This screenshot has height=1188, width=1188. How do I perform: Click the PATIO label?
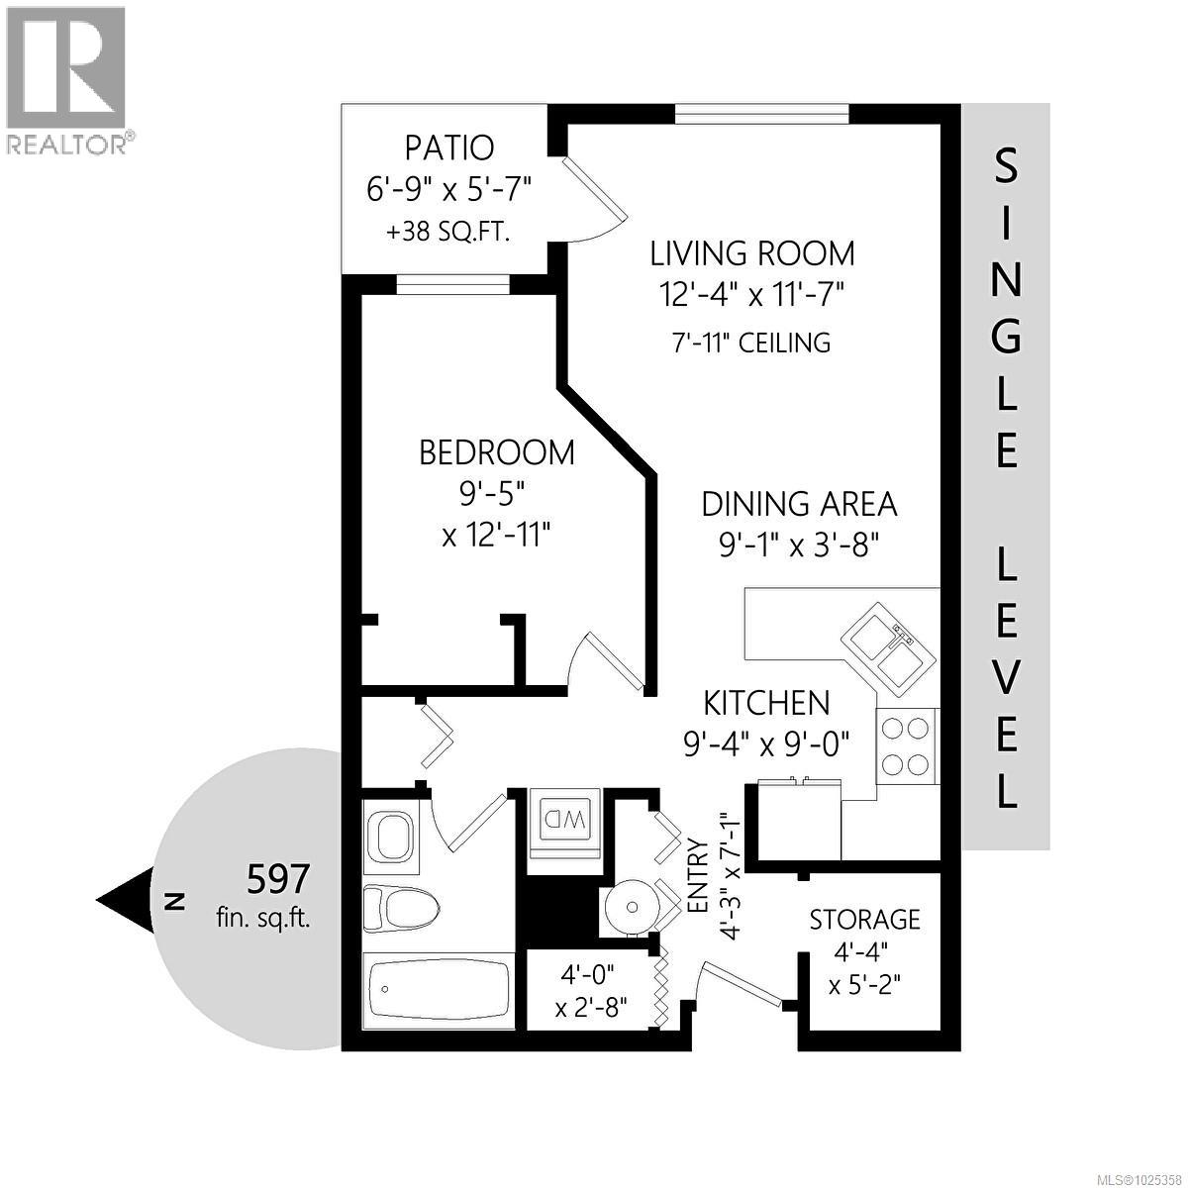[x=448, y=148]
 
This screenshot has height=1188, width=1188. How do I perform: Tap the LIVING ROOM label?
[x=751, y=253]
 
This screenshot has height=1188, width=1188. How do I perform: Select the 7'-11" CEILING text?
[x=750, y=344]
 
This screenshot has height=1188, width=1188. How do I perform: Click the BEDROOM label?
[x=496, y=453]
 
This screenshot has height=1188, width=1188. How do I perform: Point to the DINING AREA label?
[x=799, y=504]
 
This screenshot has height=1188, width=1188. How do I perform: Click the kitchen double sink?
[x=886, y=646]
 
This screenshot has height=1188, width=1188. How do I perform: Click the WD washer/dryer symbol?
[x=562, y=821]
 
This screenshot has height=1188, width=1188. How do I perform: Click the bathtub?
[x=438, y=990]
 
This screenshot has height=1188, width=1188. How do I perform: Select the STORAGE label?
[x=864, y=920]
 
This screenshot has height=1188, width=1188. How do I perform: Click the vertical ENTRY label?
[x=697, y=876]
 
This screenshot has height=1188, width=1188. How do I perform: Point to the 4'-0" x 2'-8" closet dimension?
[x=589, y=992]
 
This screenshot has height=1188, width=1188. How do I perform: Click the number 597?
[x=278, y=877]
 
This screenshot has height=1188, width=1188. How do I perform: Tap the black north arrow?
[x=125, y=900]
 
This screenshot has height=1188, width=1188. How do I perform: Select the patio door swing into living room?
[x=594, y=198]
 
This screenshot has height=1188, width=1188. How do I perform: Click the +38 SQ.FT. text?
[x=447, y=233]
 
